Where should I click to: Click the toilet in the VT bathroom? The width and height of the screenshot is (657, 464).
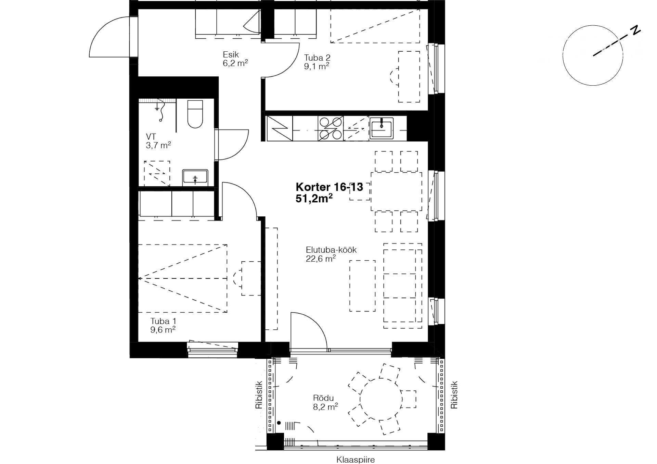[x=195, y=114]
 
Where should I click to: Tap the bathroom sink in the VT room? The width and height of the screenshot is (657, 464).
[x=195, y=177]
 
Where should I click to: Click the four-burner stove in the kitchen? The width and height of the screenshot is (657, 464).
[x=331, y=128]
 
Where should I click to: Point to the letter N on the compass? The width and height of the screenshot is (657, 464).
[x=635, y=30]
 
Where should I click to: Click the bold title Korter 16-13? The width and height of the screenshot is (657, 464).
[x=329, y=187]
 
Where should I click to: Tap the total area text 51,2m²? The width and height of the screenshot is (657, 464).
[x=314, y=199]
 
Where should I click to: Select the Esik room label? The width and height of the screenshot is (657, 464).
[x=231, y=54]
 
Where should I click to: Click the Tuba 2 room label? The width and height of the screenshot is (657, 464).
[x=317, y=58]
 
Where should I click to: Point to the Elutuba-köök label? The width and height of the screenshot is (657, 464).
[x=331, y=250]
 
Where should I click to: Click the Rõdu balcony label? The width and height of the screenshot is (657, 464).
[x=323, y=398]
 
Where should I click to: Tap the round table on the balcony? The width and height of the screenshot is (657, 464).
[x=381, y=399]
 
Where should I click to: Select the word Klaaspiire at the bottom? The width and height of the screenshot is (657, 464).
[x=356, y=460]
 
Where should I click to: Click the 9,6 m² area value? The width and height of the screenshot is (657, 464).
[x=163, y=330]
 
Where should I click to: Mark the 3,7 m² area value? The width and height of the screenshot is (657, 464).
[x=158, y=145]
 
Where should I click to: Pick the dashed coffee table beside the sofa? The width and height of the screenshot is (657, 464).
[x=362, y=286]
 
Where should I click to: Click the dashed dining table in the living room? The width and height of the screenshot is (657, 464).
[x=396, y=191]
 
